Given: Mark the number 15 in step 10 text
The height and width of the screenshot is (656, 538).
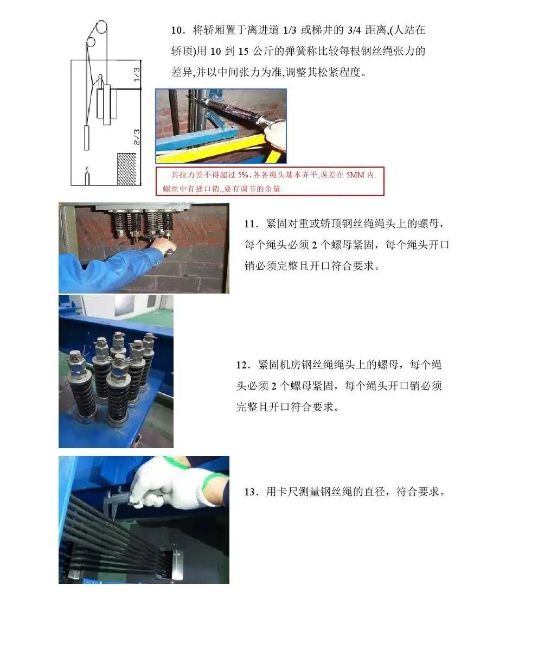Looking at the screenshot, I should click(x=244, y=52).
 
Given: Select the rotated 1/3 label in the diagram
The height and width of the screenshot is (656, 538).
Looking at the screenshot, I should click(x=137, y=74).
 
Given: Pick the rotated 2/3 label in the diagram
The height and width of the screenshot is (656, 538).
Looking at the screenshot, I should click(x=137, y=137).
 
